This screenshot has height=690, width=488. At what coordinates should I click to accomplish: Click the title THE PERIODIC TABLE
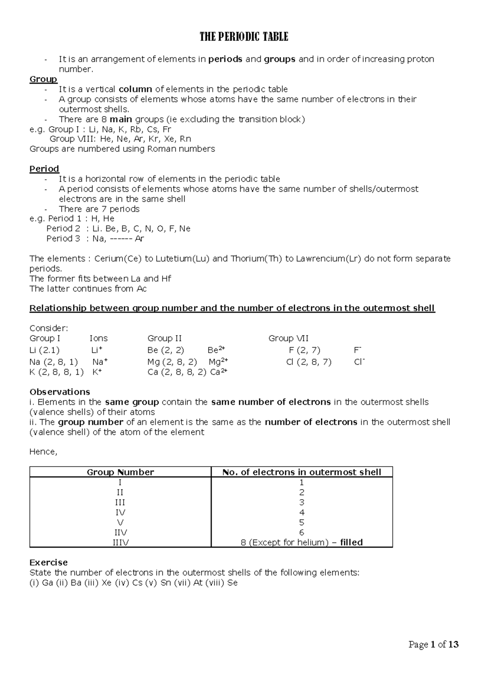244,37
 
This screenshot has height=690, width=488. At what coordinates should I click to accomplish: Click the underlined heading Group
43,79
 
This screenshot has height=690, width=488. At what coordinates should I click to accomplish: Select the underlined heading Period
44,169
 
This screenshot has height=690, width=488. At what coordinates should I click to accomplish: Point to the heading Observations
60,392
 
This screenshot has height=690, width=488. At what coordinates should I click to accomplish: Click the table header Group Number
120,472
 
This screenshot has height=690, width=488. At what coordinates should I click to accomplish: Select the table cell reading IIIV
120,542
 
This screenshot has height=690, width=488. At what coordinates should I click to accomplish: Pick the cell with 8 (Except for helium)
301,542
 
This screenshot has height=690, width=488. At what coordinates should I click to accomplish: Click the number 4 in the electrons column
301,512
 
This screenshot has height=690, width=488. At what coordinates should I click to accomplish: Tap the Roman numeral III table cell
120,502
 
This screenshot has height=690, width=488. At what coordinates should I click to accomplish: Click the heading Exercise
48,562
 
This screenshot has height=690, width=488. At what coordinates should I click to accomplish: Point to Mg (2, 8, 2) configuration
172,362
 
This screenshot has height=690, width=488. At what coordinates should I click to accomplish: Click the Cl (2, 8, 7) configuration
309,362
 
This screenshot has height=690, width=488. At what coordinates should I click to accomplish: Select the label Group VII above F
288,338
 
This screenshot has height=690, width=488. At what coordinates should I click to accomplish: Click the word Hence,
43,452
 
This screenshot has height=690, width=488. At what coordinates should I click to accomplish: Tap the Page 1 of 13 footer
434,644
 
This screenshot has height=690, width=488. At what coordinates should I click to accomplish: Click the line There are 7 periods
99,209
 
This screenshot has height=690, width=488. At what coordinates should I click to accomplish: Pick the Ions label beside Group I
98,338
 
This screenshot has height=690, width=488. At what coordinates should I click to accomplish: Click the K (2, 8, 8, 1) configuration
57,372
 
